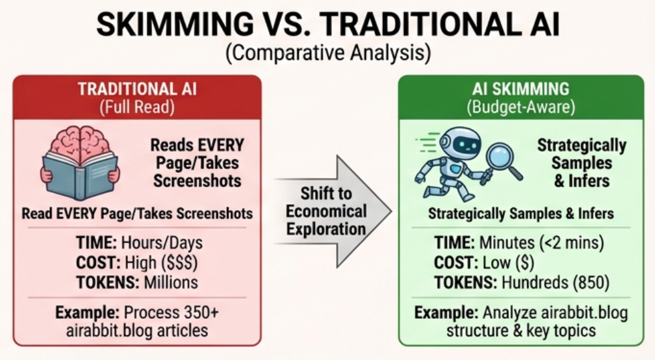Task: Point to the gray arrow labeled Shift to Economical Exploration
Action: (333, 211)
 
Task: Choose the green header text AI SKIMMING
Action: (520, 89)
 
